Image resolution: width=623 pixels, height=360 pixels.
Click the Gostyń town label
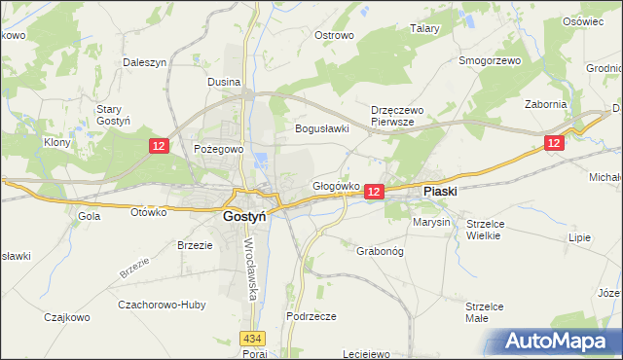click(x=245, y=217)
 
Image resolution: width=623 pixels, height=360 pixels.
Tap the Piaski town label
click(x=440, y=193)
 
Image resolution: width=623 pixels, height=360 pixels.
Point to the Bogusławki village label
click(x=322, y=128)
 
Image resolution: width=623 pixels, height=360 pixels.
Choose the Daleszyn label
click(x=145, y=61)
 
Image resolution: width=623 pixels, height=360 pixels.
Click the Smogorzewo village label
click(x=491, y=60)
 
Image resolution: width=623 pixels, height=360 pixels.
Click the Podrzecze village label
click(x=311, y=316)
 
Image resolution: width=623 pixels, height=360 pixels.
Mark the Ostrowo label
click(x=334, y=35)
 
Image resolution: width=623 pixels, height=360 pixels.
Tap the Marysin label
click(x=431, y=222)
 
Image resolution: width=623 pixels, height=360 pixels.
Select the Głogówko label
click(x=337, y=185)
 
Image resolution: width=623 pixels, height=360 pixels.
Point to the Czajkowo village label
click(x=68, y=316)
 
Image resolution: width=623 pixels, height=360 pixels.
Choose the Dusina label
click(x=224, y=83)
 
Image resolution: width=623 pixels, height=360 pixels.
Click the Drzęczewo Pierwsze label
click(x=393, y=117)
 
